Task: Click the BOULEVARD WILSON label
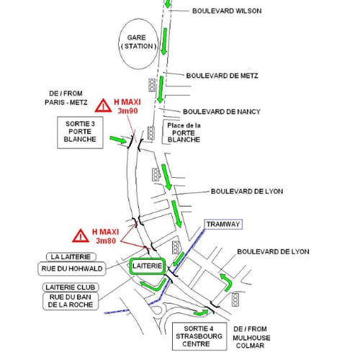pyautogui.click(x=227, y=11)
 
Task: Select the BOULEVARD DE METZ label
pyautogui.click(x=222, y=76)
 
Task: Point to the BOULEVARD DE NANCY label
pyautogui.click(x=222, y=112)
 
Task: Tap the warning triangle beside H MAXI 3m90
pyautogui.click(x=103, y=106)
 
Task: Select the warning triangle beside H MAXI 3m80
pyautogui.click(x=81, y=235)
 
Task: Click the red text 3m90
pyautogui.click(x=127, y=111)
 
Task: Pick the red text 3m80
pyautogui.click(x=106, y=240)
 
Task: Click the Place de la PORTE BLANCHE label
pyautogui.click(x=184, y=132)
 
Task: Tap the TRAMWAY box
pyautogui.click(x=223, y=225)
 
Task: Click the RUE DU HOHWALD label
pyautogui.click(x=72, y=269)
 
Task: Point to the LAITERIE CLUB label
pyautogui.click(x=71, y=287)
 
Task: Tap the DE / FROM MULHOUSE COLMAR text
pyautogui.click(x=251, y=337)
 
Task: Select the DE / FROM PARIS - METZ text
pyautogui.click(x=66, y=98)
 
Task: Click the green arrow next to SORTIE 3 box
pyautogui.click(x=118, y=140)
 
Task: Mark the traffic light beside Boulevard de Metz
pyautogui.click(x=152, y=85)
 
